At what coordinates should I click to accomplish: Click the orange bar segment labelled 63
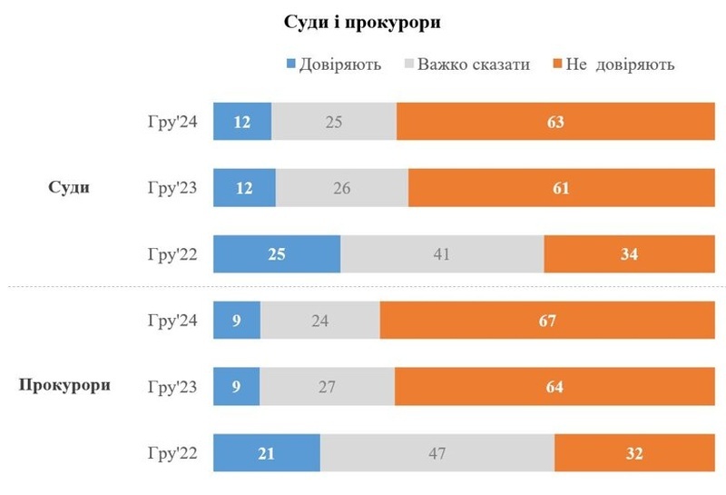pyautogui.click(x=555, y=122)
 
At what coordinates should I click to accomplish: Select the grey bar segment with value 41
pyautogui.click(x=442, y=254)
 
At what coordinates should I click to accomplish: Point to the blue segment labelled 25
pyautogui.click(x=277, y=254)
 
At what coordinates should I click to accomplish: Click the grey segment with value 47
pyautogui.click(x=437, y=453)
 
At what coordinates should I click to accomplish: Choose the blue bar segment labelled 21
pyautogui.click(x=267, y=453)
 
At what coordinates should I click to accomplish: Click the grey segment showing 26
pyautogui.click(x=341, y=188)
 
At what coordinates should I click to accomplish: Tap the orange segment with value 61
pyautogui.click(x=560, y=188)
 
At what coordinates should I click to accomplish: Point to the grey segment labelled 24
pyautogui.click(x=320, y=321)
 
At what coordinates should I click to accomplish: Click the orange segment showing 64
pyautogui.click(x=554, y=387)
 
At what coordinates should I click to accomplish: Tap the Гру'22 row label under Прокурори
pyautogui.click(x=174, y=453)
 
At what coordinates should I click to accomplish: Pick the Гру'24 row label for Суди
pyautogui.click(x=174, y=122)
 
